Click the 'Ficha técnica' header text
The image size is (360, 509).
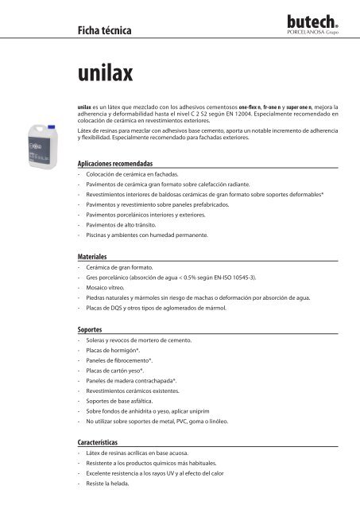pos(99,31)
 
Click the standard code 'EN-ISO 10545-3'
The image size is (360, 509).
pos(238,281)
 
